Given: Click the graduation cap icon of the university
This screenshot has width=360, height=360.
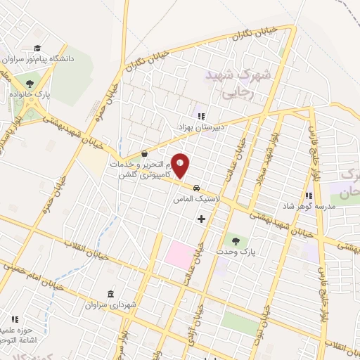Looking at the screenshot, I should [35, 48].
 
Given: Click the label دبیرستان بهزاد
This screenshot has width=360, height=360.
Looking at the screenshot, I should [198, 127].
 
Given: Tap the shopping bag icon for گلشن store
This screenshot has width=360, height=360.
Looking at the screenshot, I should [144, 153].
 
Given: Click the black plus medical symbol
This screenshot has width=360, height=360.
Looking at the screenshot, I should [202, 219].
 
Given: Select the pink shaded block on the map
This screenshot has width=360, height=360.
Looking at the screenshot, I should [179, 255].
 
